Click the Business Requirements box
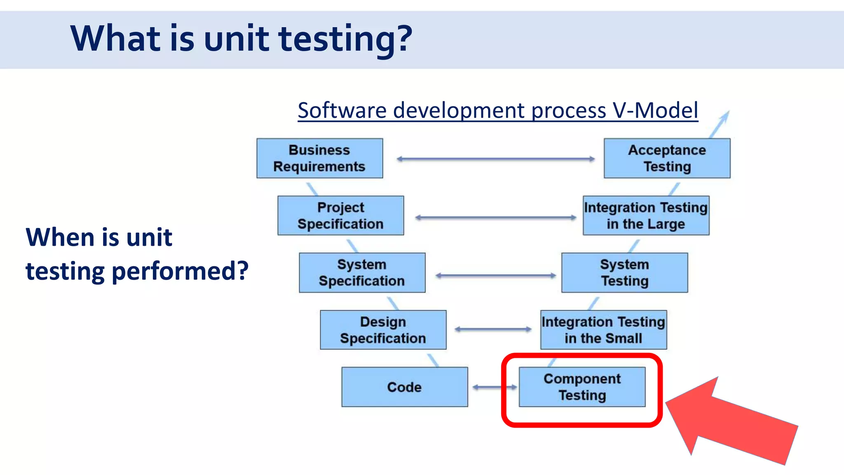(x=319, y=158)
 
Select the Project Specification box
(x=340, y=216)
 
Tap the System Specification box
(x=362, y=273)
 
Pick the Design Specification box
(x=383, y=330)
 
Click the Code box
(x=404, y=387)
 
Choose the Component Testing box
(x=582, y=387)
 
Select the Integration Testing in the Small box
(x=603, y=330)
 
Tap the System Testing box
(x=624, y=273)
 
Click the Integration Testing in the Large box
(x=646, y=216)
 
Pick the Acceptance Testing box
(x=667, y=158)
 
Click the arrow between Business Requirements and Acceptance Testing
(x=495, y=159)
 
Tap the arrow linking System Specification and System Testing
(x=495, y=275)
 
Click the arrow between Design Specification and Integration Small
(x=493, y=329)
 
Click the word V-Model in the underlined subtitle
(x=655, y=111)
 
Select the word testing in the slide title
(x=345, y=39)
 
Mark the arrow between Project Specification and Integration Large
(x=495, y=217)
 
